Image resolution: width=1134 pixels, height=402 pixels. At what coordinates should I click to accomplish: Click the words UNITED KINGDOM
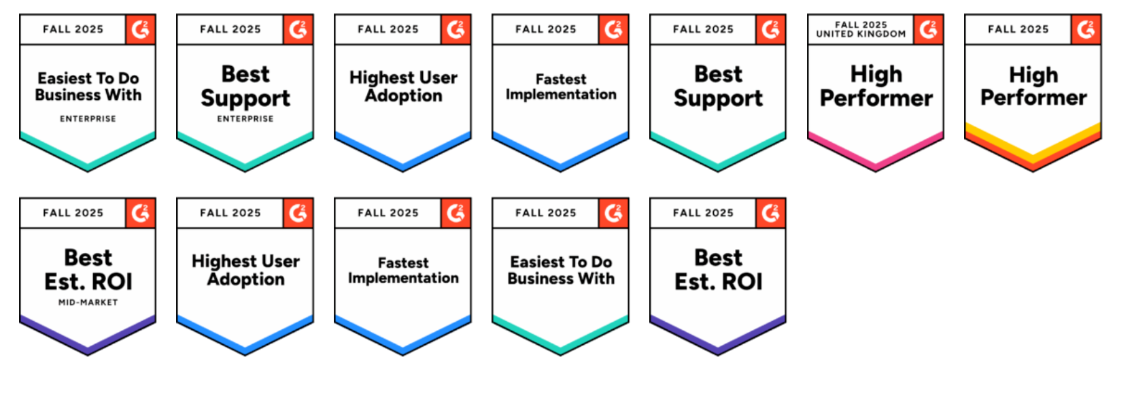[861, 34]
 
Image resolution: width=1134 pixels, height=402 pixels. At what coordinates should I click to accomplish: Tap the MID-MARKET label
[88, 302]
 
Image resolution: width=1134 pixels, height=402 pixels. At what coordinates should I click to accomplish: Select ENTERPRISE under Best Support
[245, 118]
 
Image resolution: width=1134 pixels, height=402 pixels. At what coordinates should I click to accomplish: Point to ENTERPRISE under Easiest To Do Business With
[88, 118]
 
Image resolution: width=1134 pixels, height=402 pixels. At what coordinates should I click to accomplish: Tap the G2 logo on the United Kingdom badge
[929, 29]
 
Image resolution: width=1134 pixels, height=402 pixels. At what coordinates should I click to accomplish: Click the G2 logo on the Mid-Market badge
[140, 213]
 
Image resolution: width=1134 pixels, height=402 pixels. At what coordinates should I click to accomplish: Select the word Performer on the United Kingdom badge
[876, 98]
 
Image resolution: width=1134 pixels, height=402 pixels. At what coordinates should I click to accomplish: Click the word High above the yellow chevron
[1033, 76]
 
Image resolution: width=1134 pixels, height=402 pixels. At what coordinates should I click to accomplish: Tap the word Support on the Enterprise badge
[245, 99]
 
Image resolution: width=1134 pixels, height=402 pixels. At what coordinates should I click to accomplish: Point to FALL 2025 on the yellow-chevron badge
[1018, 29]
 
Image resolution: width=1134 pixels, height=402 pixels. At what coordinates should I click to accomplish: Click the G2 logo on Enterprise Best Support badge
[298, 29]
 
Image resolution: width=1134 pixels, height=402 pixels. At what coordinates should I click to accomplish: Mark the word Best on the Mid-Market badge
[88, 258]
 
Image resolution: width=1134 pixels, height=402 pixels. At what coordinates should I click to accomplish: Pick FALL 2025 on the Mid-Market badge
[73, 213]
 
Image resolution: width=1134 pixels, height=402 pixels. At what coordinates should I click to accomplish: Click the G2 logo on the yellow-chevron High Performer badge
[1086, 29]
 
